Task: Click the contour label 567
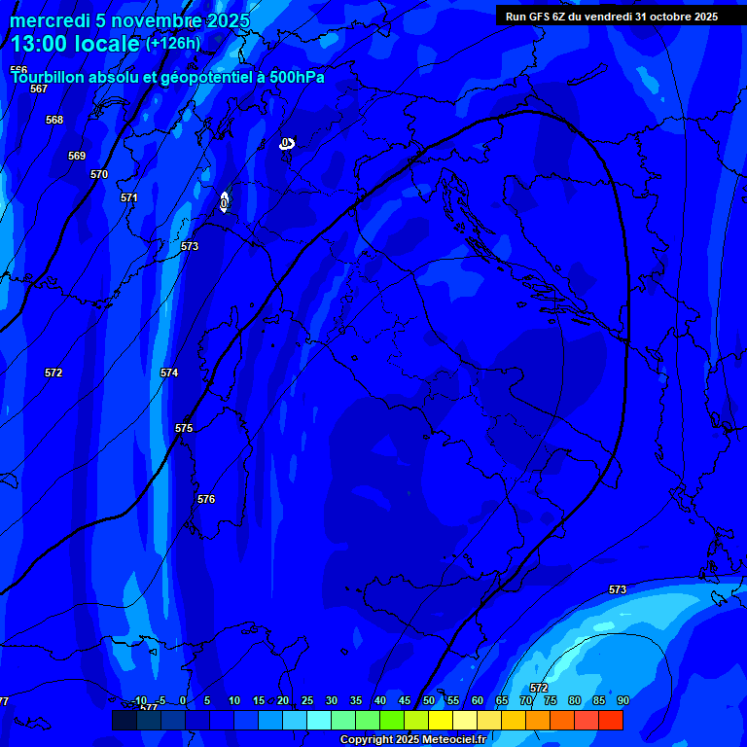[x=39, y=89]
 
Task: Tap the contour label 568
[x=54, y=120]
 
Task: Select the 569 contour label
[x=77, y=156]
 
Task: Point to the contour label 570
[x=99, y=174]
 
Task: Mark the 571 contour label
[x=129, y=197]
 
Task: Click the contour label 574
[x=169, y=373]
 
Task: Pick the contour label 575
[x=184, y=428]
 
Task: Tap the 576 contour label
[x=206, y=499]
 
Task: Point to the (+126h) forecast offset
[x=173, y=43]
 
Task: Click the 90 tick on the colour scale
[x=622, y=700]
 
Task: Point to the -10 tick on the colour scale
[x=139, y=700]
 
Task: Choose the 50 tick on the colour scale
[x=429, y=700]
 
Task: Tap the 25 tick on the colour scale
[x=307, y=700]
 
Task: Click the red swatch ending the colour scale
[x=610, y=720]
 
